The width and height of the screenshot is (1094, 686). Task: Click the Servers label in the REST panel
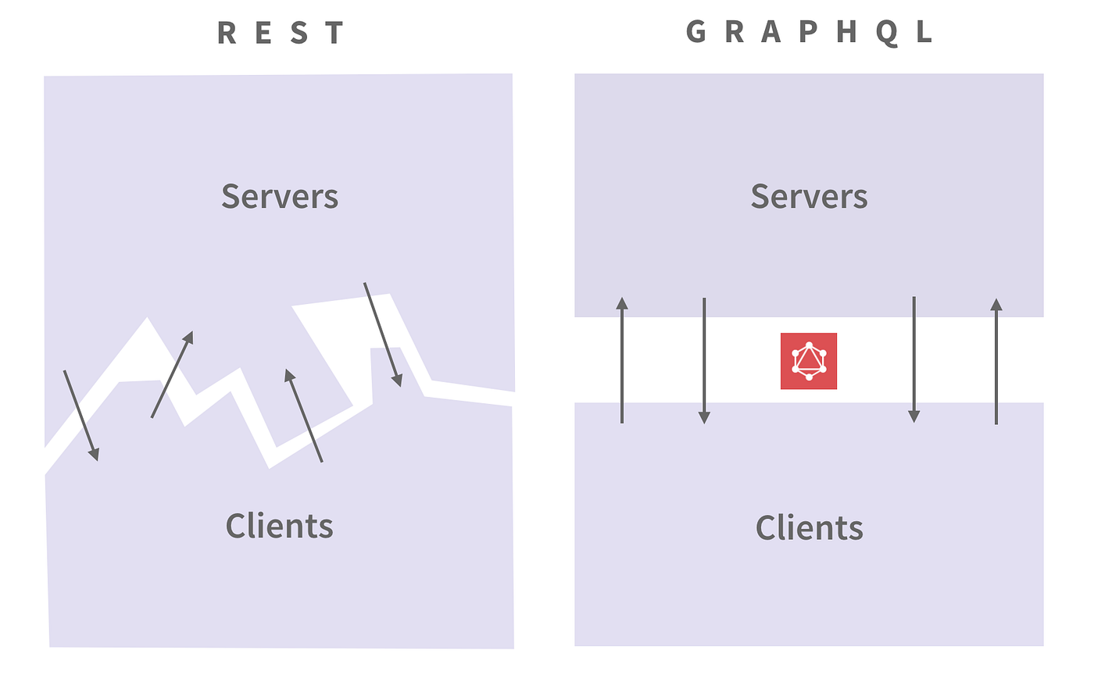280,196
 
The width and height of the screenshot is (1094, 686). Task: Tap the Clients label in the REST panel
280,526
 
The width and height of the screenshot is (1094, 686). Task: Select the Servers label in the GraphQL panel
809,196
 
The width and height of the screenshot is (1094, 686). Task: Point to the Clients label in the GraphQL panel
809,527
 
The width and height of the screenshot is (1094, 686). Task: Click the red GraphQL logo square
809,361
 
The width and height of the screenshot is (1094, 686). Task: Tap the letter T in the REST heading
334,33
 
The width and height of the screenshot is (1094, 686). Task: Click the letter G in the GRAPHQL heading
695,32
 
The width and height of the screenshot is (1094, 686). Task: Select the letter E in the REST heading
263,33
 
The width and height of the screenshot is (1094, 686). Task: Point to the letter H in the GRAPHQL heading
846,32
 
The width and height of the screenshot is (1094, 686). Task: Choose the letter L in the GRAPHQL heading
924,32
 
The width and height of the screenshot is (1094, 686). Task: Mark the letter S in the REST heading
299,33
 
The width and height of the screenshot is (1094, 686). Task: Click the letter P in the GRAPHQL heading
808,32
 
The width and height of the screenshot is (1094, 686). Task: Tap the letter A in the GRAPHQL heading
770,32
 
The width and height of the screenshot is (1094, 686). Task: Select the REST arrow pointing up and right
172,374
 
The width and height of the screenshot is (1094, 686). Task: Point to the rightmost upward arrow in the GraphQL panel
996,361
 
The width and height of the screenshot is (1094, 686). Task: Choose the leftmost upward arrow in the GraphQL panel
622,360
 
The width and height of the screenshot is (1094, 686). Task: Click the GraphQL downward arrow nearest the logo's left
704,361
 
